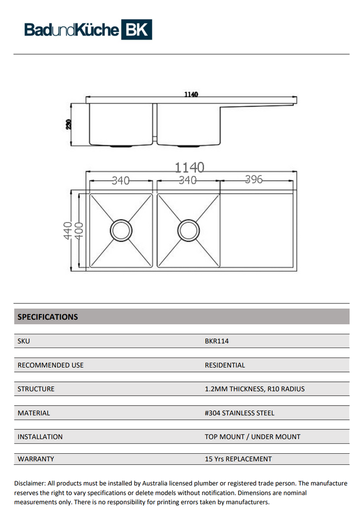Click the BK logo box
click(x=136, y=30)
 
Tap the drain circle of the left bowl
click(x=121, y=230)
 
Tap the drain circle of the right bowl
click(x=188, y=230)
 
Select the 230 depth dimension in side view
click(x=69, y=124)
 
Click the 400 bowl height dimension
click(x=78, y=231)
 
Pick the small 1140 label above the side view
click(x=191, y=94)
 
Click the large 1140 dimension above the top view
click(x=190, y=167)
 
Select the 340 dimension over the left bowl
click(x=121, y=180)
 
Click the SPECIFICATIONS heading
click(x=48, y=317)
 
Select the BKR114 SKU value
click(x=217, y=341)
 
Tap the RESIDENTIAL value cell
click(x=225, y=365)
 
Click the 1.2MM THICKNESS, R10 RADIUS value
click(x=255, y=389)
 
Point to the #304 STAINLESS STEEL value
click(x=239, y=413)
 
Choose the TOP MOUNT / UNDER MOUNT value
click(x=252, y=437)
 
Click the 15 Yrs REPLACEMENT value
click(x=238, y=459)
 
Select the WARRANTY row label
click(x=36, y=459)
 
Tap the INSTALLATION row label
click(x=40, y=437)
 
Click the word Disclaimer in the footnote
click(x=30, y=484)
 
